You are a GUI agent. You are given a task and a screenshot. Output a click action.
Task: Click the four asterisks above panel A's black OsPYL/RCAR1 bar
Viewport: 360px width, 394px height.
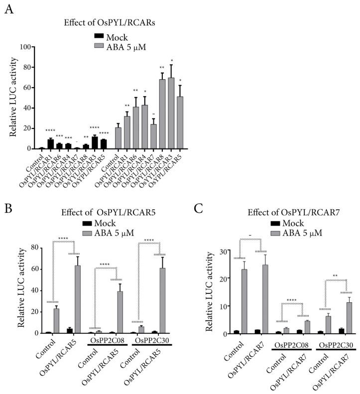(50, 131)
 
